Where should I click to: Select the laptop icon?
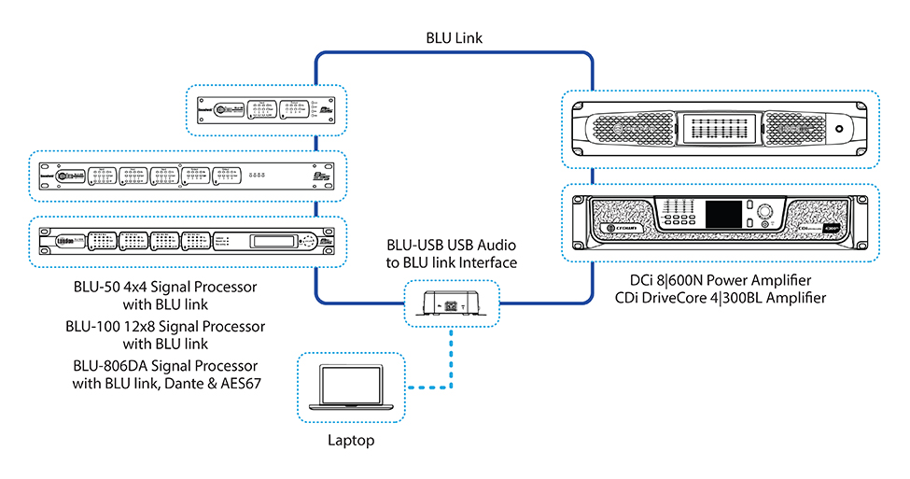tap(350, 386)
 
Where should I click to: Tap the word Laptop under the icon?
tap(350, 439)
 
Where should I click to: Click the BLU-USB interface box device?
tap(452, 302)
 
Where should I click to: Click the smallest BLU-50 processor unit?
tap(266, 112)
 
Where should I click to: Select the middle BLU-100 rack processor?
tap(187, 176)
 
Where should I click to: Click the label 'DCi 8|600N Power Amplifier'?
tap(721, 279)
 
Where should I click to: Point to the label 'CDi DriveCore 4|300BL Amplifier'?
tap(721, 298)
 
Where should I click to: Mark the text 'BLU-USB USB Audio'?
tap(452, 246)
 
